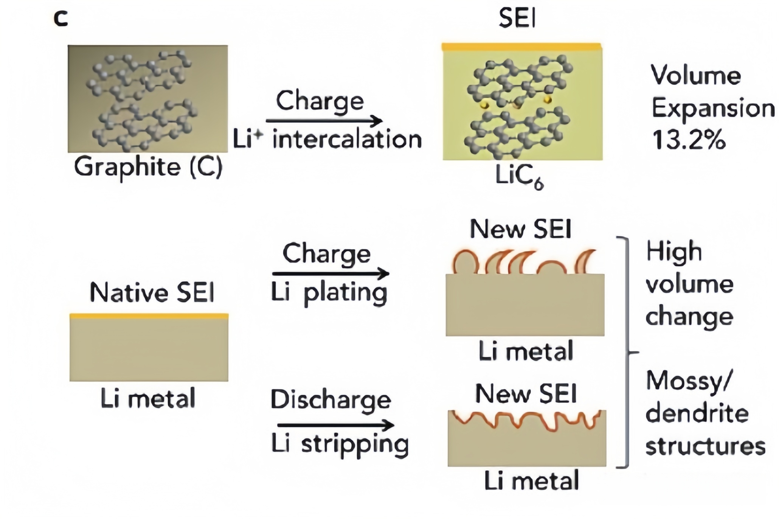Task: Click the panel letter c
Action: pyautogui.click(x=61, y=19)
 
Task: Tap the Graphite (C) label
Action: pyautogui.click(x=148, y=167)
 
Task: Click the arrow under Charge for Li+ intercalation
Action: pyautogui.click(x=324, y=121)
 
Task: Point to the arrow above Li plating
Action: pyautogui.click(x=330, y=273)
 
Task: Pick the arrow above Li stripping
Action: pyautogui.click(x=335, y=425)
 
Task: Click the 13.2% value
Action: pyautogui.click(x=689, y=140)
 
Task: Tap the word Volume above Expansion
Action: pyautogui.click(x=695, y=76)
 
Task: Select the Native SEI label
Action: pyautogui.click(x=152, y=293)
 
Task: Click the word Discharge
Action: pyautogui.click(x=331, y=400)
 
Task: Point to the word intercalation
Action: pyautogui.click(x=347, y=140)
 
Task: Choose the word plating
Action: pyautogui.click(x=345, y=294)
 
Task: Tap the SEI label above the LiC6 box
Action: pyautogui.click(x=517, y=18)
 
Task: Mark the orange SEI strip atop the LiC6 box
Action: pyautogui.click(x=521, y=47)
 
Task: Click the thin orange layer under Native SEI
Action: pyautogui.click(x=149, y=316)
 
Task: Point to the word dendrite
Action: pyautogui.click(x=697, y=414)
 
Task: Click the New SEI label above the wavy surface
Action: pyautogui.click(x=526, y=394)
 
